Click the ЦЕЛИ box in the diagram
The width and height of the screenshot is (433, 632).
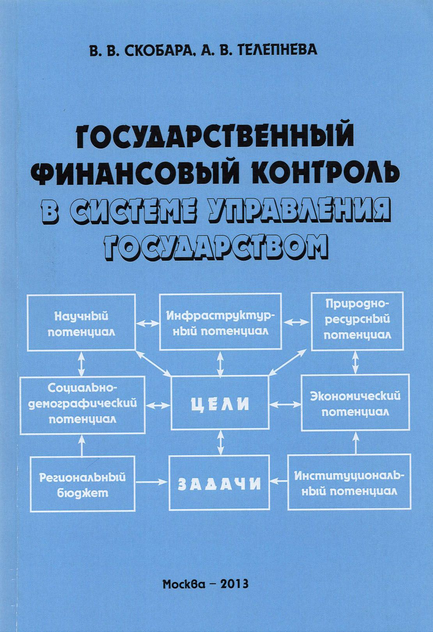[x=220, y=402]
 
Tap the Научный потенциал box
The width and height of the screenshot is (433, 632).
[x=81, y=322]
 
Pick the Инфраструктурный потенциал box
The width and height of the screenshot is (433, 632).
[x=220, y=321]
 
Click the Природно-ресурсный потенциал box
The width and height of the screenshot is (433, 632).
[x=357, y=321]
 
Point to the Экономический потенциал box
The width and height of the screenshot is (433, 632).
[x=355, y=402]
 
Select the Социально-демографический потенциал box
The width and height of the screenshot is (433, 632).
[x=83, y=404]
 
